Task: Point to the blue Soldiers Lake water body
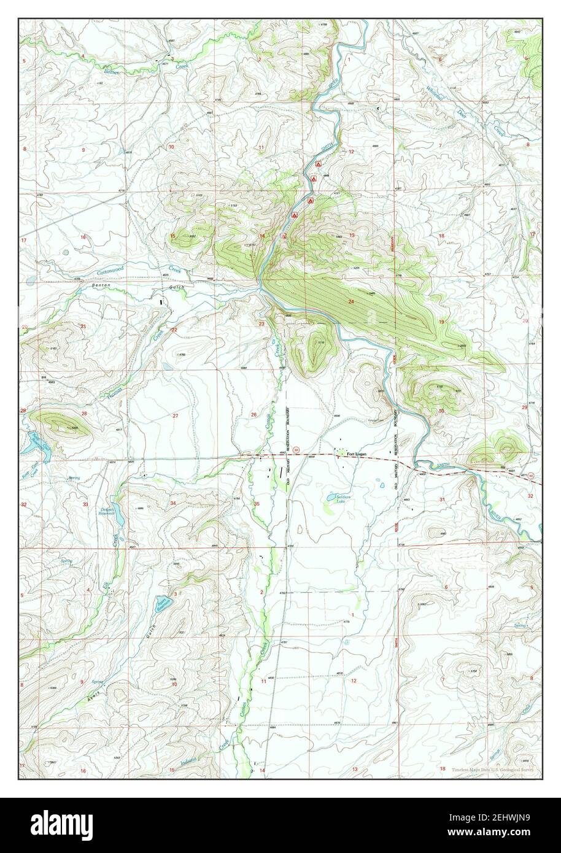[330, 498]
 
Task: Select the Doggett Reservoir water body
[120, 519]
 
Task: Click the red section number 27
[175, 415]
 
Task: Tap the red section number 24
[350, 301]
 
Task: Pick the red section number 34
[174, 503]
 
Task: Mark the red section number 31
[442, 500]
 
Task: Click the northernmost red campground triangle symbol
[317, 164]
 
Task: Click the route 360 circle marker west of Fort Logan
[296, 449]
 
